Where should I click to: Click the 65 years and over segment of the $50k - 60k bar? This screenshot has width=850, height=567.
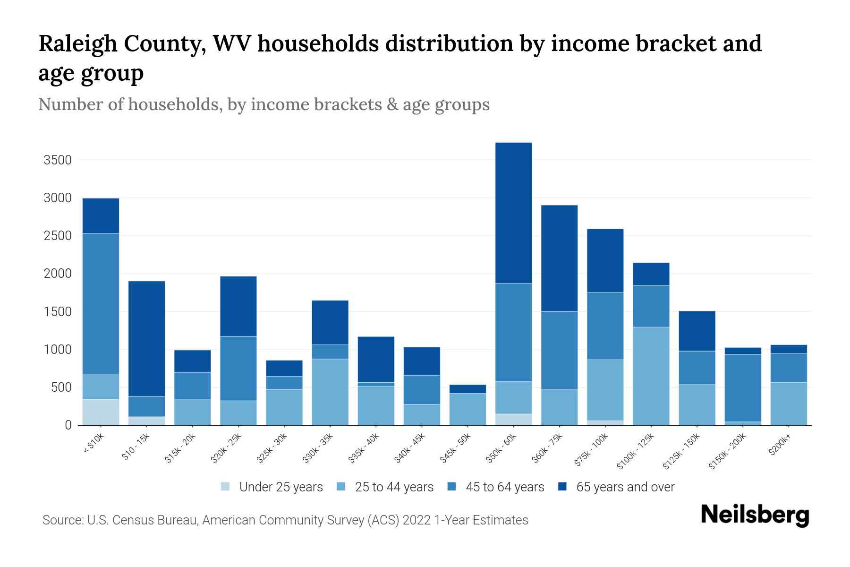[513, 213]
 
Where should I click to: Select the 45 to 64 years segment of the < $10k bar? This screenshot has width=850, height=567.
[101, 303]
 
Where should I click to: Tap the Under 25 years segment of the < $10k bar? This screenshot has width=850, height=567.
[101, 412]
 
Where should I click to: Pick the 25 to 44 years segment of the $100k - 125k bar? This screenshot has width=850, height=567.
[651, 376]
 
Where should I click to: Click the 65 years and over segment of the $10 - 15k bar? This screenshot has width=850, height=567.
[146, 338]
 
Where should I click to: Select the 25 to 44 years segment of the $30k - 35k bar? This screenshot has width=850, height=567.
[330, 392]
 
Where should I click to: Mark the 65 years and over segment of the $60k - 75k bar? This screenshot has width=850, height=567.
[559, 258]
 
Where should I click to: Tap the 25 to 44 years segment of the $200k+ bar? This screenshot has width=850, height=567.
[789, 404]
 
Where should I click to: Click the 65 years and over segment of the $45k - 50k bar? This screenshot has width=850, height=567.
[467, 389]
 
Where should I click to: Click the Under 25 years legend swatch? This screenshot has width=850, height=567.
[226, 487]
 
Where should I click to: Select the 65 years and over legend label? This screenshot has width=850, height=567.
[625, 487]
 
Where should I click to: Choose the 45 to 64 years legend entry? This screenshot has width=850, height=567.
[504, 487]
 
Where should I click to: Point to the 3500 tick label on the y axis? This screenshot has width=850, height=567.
[57, 160]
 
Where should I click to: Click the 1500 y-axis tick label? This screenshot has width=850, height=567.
[57, 312]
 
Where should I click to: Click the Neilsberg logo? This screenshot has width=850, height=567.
[755, 515]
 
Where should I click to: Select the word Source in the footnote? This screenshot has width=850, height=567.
[61, 520]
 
